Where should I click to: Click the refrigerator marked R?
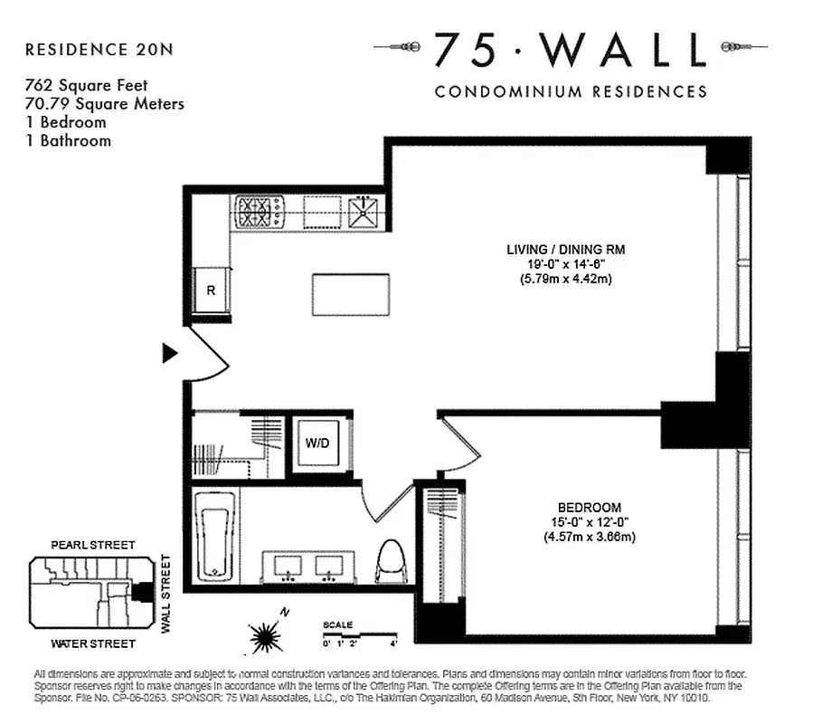[x=211, y=291]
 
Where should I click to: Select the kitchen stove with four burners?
[x=260, y=212]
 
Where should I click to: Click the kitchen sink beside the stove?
[x=366, y=212]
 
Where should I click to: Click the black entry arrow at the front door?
[x=169, y=353]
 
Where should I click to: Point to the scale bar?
[x=359, y=636]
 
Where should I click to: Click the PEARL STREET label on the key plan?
[x=92, y=545]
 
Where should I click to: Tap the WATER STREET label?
[x=93, y=643]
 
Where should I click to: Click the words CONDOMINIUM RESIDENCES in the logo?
[x=571, y=91]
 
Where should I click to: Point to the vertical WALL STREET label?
[x=165, y=594]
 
